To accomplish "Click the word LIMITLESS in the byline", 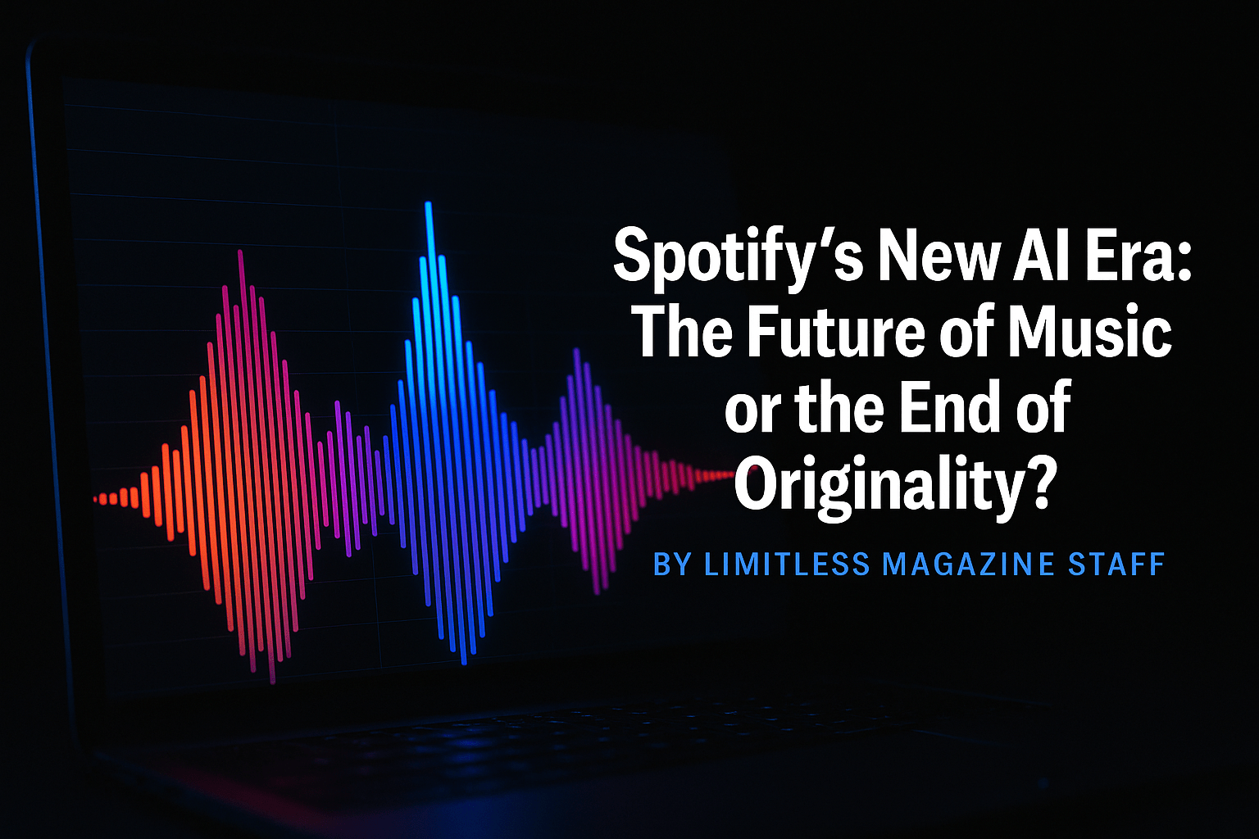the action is click(787, 564).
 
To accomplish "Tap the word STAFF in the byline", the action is click(1116, 564).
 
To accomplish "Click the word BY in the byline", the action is click(672, 564).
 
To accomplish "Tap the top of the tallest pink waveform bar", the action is click(240, 252).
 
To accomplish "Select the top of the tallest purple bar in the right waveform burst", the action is click(576, 351).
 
